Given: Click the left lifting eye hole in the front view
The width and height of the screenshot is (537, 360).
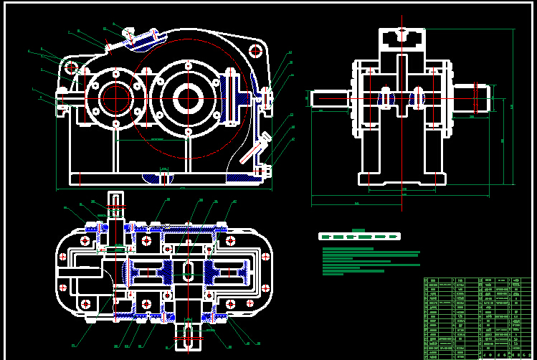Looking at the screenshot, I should pos(72,67).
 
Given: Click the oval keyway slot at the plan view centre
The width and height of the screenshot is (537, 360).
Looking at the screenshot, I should pos(187,272).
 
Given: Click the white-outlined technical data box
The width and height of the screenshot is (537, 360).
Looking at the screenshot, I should pos(358,236).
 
